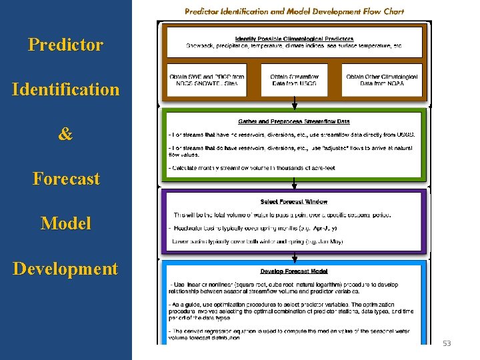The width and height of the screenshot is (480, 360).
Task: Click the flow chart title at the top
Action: (x=294, y=11)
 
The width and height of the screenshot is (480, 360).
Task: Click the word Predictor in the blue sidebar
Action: (x=65, y=45)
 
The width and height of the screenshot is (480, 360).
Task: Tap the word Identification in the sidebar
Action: (x=65, y=89)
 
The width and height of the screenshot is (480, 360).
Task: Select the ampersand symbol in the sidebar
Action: (x=65, y=134)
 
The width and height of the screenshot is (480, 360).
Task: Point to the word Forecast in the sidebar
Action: (x=65, y=179)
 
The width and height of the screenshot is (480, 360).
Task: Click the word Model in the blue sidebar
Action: (x=65, y=223)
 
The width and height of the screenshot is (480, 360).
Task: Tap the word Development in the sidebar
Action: (x=65, y=269)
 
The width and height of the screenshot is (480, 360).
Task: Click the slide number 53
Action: (x=447, y=343)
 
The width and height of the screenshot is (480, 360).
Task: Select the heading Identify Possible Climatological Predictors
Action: (x=294, y=39)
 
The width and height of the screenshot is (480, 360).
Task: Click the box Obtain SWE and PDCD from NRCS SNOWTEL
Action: (x=207, y=80)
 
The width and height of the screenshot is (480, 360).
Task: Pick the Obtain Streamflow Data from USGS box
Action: (x=294, y=80)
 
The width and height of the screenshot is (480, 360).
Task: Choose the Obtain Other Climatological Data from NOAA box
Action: (x=382, y=80)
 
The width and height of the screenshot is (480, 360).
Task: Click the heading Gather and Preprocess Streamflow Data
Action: (x=294, y=121)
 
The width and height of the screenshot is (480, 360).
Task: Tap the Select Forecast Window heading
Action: (x=294, y=201)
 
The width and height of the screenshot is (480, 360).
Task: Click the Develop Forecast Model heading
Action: (x=294, y=271)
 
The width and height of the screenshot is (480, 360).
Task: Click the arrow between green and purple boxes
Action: (x=294, y=184)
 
